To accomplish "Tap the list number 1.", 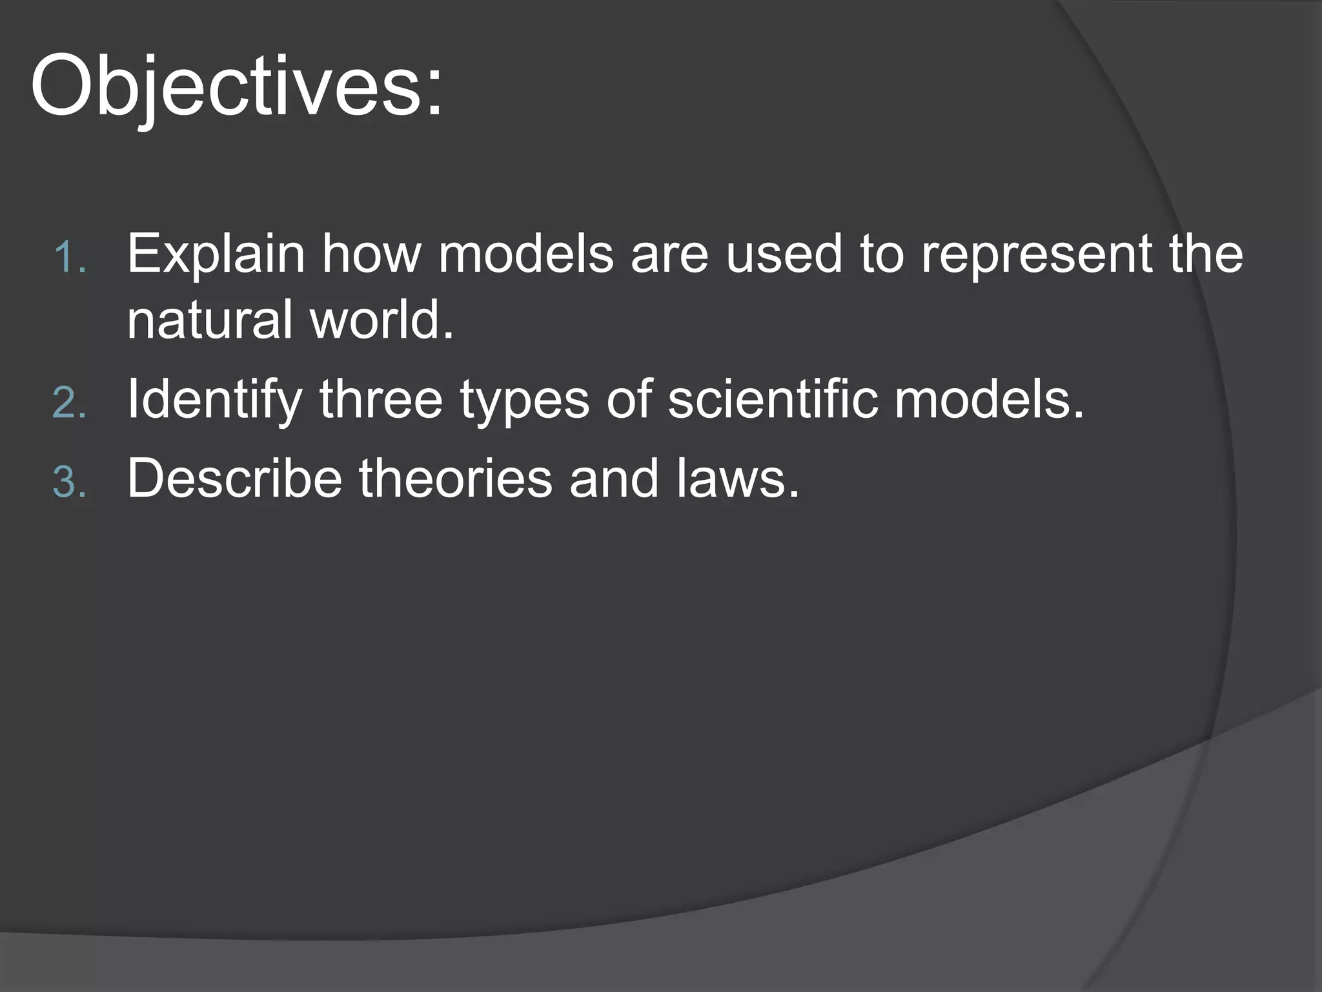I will (x=68, y=258).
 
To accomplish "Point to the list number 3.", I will (x=69, y=482).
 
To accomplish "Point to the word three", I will (x=381, y=399).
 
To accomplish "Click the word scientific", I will (x=773, y=399).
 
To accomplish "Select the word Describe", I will (x=234, y=479).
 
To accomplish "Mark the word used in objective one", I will (x=784, y=254).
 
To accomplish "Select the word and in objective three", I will (x=614, y=479).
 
